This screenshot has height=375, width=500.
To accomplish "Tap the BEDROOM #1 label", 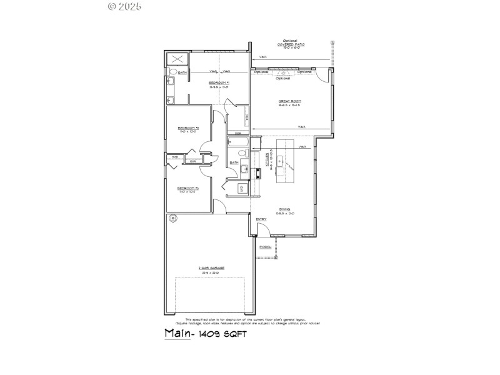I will pyautogui.click(x=218, y=82).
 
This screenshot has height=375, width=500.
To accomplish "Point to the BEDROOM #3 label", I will pyautogui.click(x=187, y=187).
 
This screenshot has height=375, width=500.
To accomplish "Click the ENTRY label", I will pyautogui.click(x=261, y=218).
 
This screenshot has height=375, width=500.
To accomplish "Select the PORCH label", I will pyautogui.click(x=265, y=247).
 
